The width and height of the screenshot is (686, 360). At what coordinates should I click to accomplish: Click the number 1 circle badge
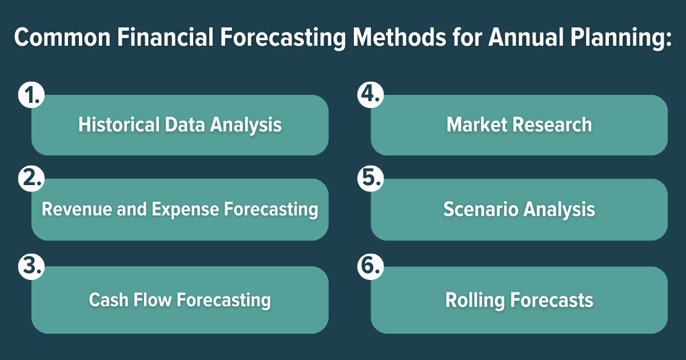(x=29, y=95)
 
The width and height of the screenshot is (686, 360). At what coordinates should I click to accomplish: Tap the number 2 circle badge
(x=29, y=179)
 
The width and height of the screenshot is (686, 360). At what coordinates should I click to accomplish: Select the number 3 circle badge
(x=29, y=266)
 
